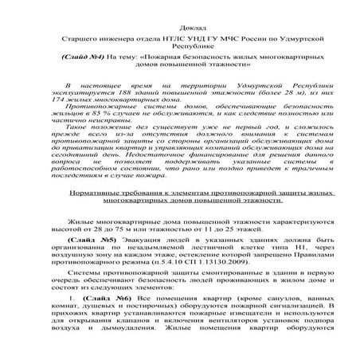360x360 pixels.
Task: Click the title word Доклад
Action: point(180,25)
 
